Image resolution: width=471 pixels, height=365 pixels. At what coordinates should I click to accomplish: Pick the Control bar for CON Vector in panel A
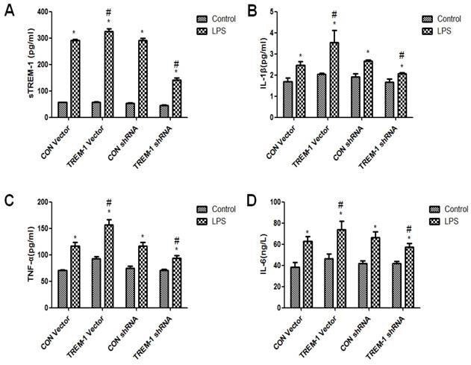(x=62, y=109)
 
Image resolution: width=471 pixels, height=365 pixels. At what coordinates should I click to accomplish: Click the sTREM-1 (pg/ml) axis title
(x=16, y=63)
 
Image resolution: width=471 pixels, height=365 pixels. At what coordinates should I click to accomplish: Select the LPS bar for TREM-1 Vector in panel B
(x=334, y=80)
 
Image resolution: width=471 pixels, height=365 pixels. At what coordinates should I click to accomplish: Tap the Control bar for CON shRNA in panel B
(x=356, y=97)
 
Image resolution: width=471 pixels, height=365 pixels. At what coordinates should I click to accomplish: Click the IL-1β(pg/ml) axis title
(x=255, y=65)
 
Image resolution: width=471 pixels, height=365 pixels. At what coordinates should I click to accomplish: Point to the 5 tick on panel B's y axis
(x=276, y=12)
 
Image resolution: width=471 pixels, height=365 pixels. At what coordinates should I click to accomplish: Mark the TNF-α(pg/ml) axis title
(x=16, y=254)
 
